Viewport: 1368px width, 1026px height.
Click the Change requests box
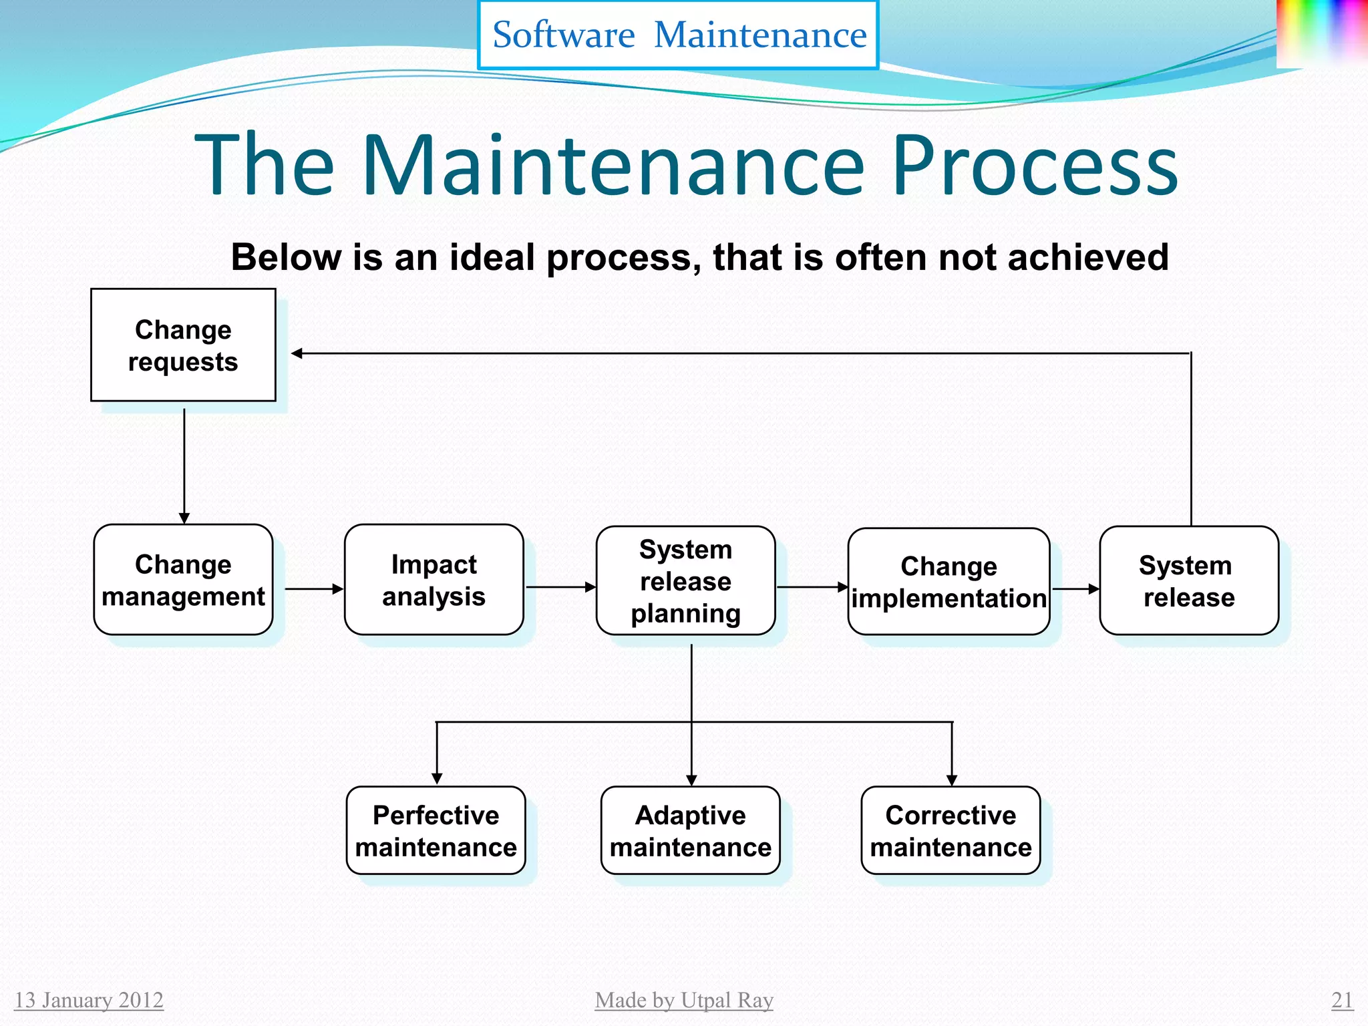click(183, 345)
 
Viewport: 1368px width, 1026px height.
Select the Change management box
click(183, 580)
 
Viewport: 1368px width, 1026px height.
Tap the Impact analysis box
click(434, 580)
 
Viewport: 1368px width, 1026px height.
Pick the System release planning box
click(685, 580)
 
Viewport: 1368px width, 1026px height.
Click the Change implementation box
click(949, 582)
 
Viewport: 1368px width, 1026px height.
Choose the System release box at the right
click(1188, 580)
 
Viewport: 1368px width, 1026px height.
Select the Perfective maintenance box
click(436, 830)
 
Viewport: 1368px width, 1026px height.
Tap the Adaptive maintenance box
click(690, 830)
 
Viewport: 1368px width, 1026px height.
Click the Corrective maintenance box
click(951, 830)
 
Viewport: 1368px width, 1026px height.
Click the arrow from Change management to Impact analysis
click(313, 589)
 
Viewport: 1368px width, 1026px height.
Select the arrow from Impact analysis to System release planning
click(560, 587)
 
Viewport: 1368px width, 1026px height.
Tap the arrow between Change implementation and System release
click(1075, 589)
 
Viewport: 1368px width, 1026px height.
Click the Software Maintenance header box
click(679, 35)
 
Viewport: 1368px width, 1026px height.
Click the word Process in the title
click(1035, 165)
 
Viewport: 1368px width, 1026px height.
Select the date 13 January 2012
click(89, 1000)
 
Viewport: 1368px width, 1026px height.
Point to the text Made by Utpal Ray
click(684, 1000)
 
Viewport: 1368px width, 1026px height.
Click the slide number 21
click(1342, 1000)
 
